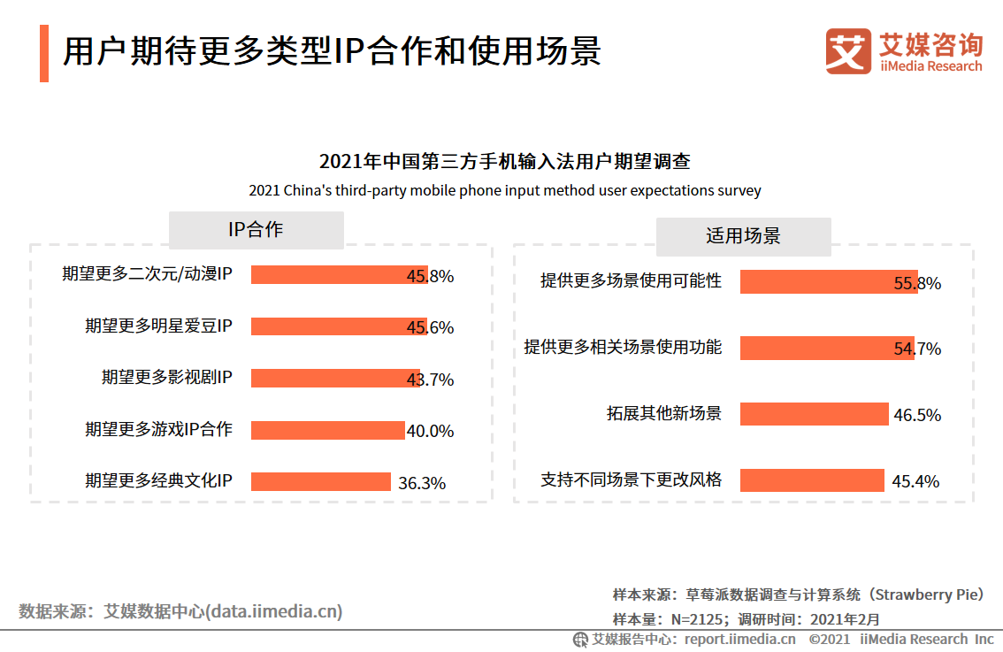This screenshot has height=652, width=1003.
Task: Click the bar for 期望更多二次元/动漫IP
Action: tap(339, 275)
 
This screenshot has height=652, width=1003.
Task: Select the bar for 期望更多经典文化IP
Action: tap(320, 481)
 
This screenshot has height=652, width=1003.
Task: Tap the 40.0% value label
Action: tap(430, 431)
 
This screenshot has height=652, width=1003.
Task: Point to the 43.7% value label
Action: tap(430, 380)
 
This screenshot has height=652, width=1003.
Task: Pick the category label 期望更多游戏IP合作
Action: tap(158, 430)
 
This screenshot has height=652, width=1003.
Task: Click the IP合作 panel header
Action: tap(256, 230)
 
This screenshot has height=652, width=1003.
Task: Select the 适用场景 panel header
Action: tap(743, 236)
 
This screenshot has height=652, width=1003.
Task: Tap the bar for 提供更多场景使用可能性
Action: tap(828, 282)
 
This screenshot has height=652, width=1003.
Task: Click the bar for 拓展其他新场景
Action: tap(814, 414)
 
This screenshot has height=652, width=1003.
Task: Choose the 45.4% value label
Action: tap(915, 481)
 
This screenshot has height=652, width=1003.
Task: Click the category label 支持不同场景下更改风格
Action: tap(631, 480)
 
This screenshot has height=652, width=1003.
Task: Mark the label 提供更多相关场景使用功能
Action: tap(623, 348)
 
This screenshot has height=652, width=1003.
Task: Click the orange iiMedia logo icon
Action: tap(847, 51)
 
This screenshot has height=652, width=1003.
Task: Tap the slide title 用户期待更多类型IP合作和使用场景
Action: tap(332, 51)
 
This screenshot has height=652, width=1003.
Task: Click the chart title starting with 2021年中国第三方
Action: tap(504, 162)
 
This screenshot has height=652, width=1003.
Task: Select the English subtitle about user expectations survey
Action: tap(504, 190)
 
